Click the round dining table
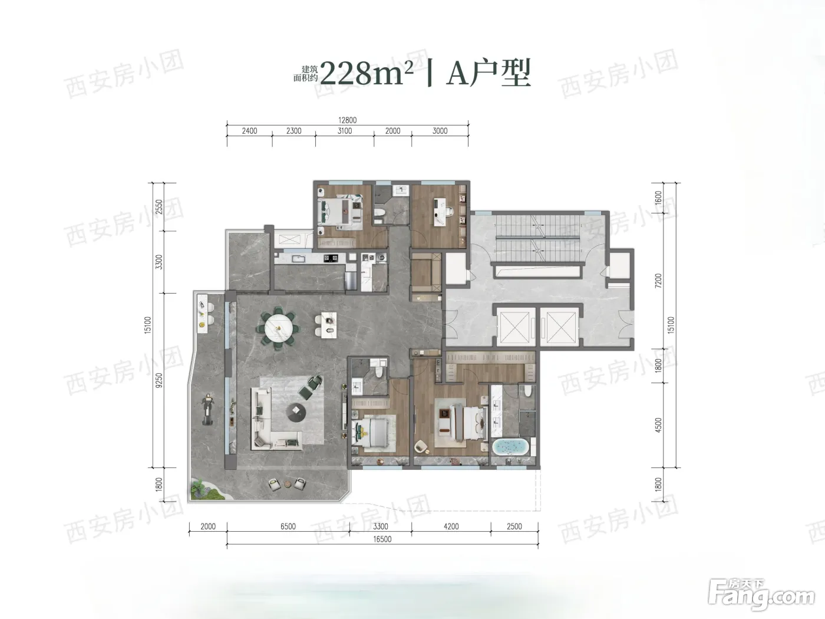click(x=279, y=329)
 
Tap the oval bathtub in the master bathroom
click(x=510, y=447)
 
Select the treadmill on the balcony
click(x=207, y=410)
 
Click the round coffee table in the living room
click(x=296, y=412)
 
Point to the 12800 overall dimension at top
click(x=347, y=120)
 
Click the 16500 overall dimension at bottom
click(x=382, y=539)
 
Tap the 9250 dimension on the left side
click(x=159, y=380)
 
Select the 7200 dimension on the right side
click(x=658, y=281)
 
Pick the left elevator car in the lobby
click(x=516, y=326)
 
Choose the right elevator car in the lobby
click(x=560, y=326)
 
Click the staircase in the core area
click(x=538, y=238)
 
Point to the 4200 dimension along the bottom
click(x=451, y=526)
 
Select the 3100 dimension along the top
click(x=345, y=131)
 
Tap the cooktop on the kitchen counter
click(x=331, y=258)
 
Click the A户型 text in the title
click(x=489, y=73)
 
